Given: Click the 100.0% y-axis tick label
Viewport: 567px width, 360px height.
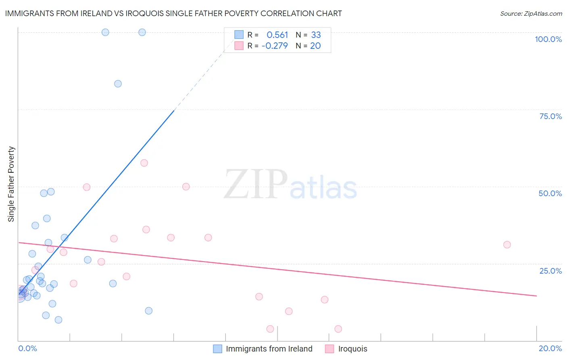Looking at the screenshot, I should (548, 39).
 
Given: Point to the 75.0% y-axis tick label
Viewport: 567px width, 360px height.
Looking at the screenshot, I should (550, 116).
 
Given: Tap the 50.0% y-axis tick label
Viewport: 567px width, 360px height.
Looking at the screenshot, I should (550, 193).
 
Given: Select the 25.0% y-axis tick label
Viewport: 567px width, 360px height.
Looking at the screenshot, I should (550, 271).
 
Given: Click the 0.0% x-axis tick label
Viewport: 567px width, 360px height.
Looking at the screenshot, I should (27, 348).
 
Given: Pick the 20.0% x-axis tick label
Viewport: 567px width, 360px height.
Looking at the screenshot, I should (550, 348).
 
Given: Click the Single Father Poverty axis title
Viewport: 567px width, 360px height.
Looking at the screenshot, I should (11, 184).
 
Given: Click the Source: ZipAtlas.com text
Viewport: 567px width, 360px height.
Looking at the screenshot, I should (531, 13).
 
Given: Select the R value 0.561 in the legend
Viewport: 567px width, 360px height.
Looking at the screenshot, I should (277, 35).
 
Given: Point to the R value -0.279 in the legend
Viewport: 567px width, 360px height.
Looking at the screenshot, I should (275, 46).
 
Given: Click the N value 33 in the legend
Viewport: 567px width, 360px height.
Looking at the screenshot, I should (316, 35).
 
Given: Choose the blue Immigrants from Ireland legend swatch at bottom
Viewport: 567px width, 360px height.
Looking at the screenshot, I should (217, 349).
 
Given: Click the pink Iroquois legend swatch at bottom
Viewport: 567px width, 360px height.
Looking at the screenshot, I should (329, 349).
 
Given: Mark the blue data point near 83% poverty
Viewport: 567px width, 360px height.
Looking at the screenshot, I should (118, 84).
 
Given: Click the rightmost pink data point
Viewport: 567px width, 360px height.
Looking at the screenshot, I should (507, 245).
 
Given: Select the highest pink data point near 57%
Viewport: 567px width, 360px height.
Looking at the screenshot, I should (144, 163).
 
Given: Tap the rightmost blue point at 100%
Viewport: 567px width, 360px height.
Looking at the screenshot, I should (142, 32).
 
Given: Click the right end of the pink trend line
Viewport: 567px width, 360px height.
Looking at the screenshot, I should (536, 296).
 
